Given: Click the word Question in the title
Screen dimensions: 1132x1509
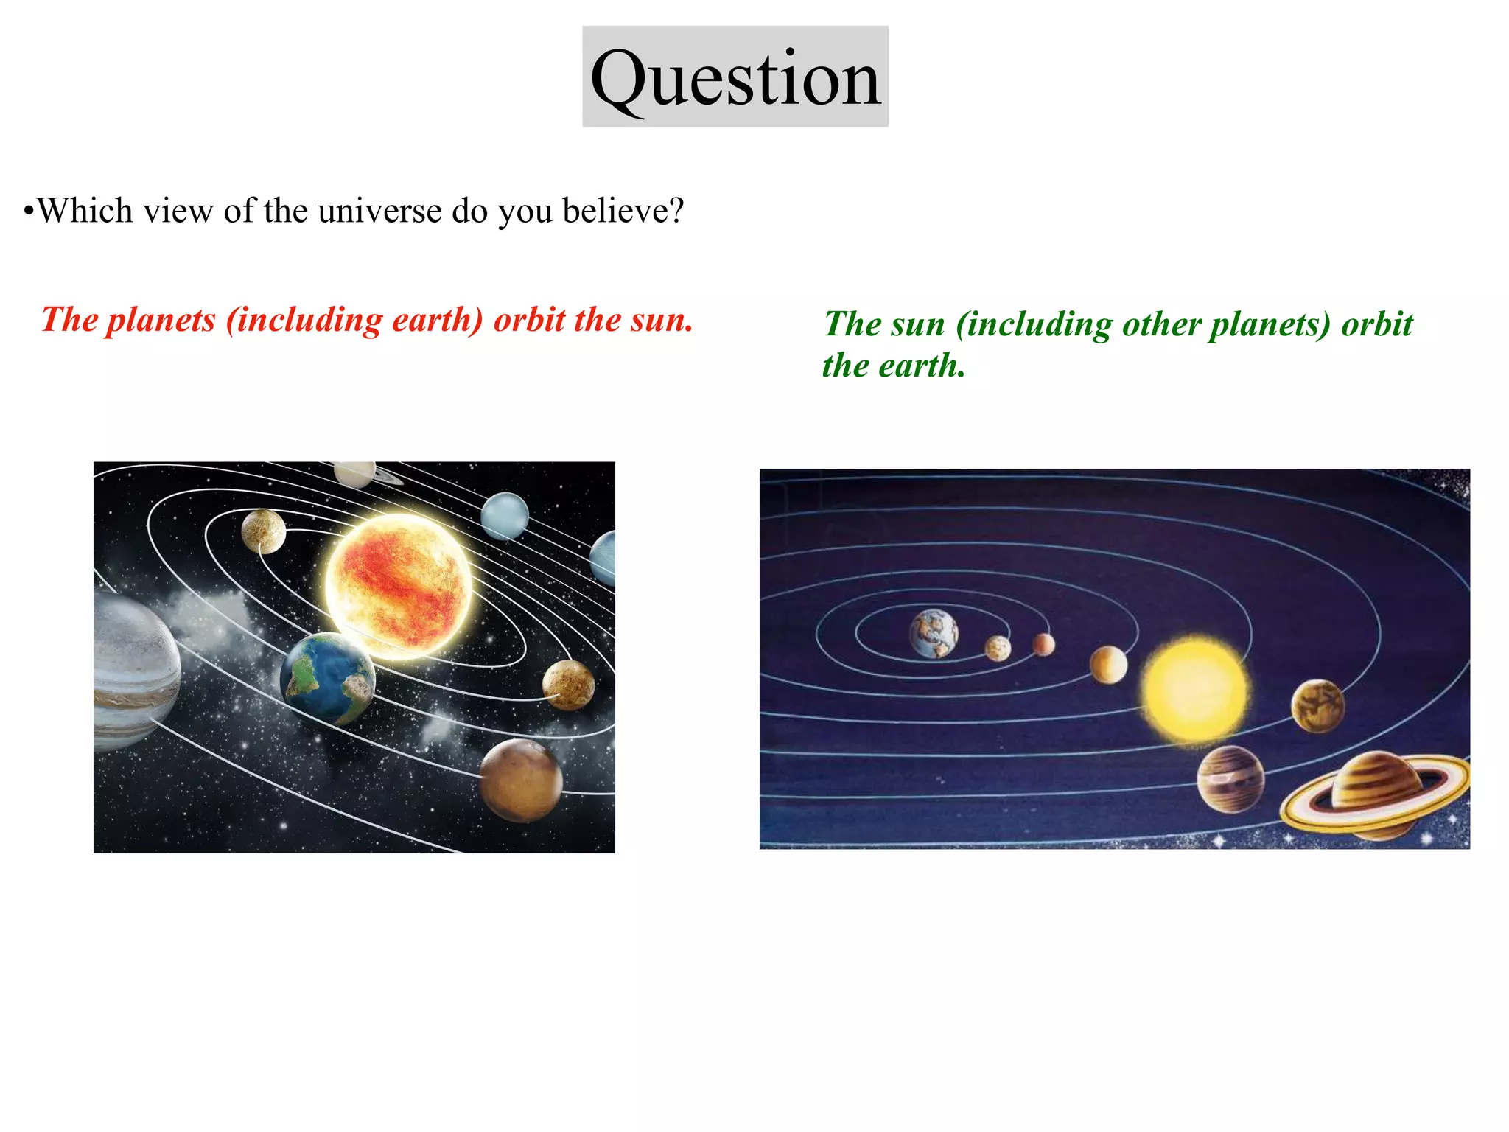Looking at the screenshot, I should point(735,78).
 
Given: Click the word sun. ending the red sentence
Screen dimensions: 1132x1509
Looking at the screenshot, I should point(661,320).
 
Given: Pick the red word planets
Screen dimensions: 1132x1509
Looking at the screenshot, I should point(161,320).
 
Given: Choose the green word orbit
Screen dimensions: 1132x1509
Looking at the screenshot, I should point(1376,324).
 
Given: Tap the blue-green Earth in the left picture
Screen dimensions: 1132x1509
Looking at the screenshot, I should point(328,678).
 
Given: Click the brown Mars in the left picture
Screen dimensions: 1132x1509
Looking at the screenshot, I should point(521,780).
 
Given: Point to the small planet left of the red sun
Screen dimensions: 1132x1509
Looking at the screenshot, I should point(264,531).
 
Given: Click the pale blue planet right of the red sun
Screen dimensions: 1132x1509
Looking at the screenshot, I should point(505,516).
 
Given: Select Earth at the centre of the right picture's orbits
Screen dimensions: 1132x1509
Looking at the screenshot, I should point(934,633).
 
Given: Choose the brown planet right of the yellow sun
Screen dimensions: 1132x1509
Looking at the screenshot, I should point(1317,706).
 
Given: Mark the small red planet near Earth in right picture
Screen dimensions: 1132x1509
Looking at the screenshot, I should point(1043,644).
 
